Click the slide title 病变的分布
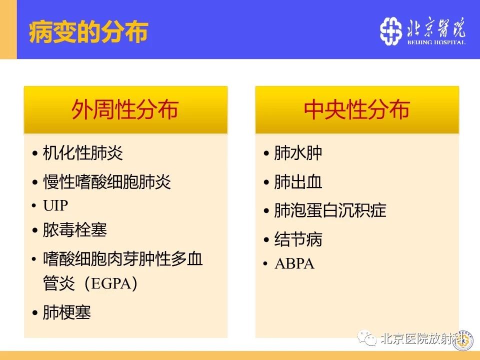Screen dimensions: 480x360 (x=88, y=32)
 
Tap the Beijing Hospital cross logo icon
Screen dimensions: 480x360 (x=390, y=31)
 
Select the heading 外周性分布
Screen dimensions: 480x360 (x=125, y=109)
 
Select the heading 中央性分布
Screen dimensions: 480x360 (x=356, y=109)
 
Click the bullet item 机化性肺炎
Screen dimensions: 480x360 (x=83, y=153)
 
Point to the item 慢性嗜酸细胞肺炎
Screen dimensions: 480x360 (x=107, y=182)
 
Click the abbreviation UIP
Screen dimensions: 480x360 (x=55, y=205)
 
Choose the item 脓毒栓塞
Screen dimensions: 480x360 (x=75, y=230)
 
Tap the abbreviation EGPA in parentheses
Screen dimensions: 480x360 (x=111, y=283)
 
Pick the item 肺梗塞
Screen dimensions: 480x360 (x=67, y=312)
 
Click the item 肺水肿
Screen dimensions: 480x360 (x=298, y=153)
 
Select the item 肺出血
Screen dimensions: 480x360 (x=298, y=182)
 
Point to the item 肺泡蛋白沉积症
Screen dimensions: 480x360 (x=330, y=210)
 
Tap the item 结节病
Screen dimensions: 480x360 (x=298, y=239)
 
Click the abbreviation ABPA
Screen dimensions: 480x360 (x=294, y=263)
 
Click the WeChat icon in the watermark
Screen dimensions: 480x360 (x=367, y=338)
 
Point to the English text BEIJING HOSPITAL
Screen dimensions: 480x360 (x=436, y=42)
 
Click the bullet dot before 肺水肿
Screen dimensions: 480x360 (x=266, y=153)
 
